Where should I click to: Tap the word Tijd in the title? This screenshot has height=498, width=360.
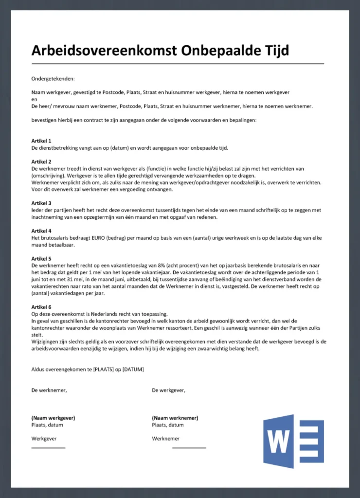[275, 51]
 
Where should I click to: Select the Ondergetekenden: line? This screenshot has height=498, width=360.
[53, 78]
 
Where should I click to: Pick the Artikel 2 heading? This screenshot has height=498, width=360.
[41, 161]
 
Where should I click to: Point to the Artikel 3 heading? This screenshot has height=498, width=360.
[41, 203]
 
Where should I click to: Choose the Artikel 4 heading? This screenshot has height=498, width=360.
[41, 231]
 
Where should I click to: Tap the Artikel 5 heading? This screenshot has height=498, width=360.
[41, 259]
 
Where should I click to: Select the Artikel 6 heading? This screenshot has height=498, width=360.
[41, 307]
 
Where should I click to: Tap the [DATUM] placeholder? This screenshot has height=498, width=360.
[133, 369]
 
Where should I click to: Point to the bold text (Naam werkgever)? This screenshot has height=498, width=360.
[53, 418]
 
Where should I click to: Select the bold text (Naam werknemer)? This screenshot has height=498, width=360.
[175, 418]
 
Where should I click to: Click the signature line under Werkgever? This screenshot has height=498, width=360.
[48, 447]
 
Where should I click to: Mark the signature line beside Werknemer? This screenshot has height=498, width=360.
[189, 447]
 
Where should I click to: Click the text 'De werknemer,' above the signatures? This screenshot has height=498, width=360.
[49, 390]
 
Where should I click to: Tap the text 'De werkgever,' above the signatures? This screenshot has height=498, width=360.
[168, 390]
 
